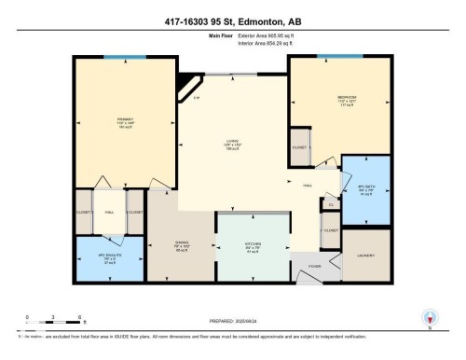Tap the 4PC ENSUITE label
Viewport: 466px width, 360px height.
tap(109, 258)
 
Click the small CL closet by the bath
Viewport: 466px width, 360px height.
tap(330, 204)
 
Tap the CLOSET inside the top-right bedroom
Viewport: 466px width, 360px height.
tap(300, 147)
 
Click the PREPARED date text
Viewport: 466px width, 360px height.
tap(233, 318)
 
